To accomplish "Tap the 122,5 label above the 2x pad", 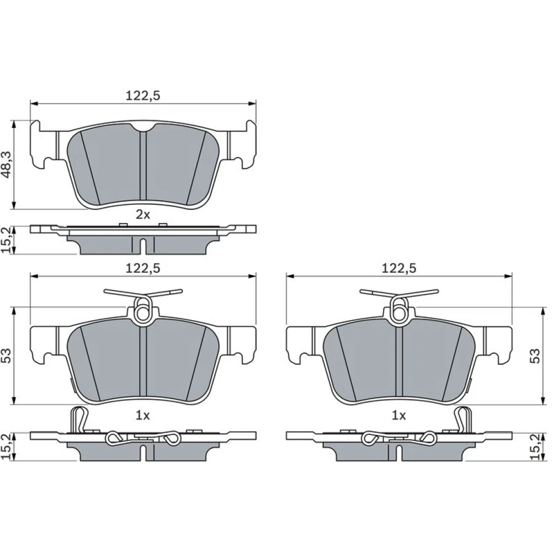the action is point(143,95).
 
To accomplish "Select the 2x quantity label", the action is point(143,214).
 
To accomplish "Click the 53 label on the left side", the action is point(7,356).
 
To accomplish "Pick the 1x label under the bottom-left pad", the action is point(143,416).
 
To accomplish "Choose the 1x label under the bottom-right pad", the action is point(399,416).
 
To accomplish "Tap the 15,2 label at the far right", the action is point(535,447).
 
